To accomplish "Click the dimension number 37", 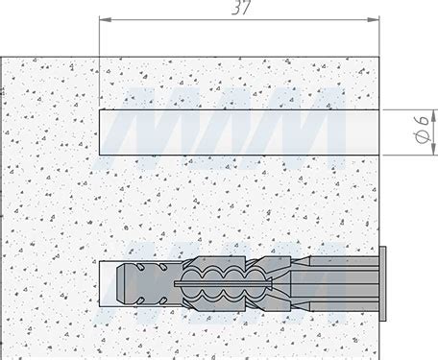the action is point(241,8).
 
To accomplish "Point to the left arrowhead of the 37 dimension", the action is point(106,20).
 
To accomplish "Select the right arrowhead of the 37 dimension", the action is point(374,20).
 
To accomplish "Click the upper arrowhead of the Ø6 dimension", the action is point(433,115).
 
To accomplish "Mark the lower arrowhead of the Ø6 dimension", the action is point(433,150).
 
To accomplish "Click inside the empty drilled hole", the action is point(239,132).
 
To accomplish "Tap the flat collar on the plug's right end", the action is point(382,283).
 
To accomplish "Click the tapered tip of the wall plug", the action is point(120,283).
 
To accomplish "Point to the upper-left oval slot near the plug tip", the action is point(140,267).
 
